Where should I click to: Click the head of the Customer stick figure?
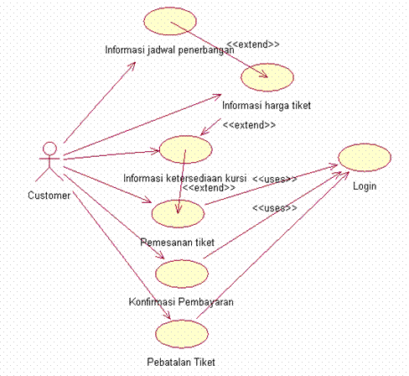pos(50,150)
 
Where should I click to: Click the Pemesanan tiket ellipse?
pos(178,212)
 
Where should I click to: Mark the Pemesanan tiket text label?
pos(177,242)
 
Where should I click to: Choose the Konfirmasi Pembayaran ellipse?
pos(182,273)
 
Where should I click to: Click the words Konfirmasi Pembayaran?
pos(181,301)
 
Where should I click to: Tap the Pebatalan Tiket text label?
pos(181,362)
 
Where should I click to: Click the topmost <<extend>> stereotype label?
pos(253,44)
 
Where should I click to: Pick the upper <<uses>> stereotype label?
pos(275,180)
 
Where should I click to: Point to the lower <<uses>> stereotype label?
pos(275,207)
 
